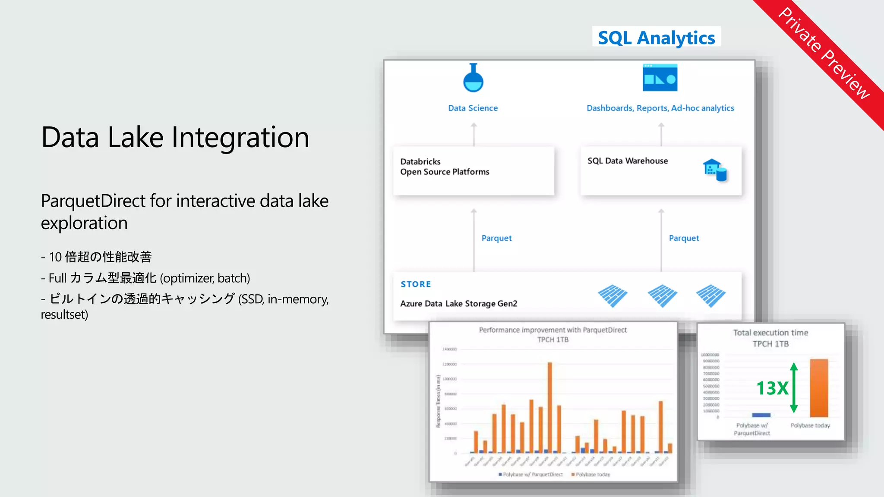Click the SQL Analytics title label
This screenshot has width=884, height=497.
(656, 38)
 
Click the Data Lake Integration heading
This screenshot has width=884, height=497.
(175, 137)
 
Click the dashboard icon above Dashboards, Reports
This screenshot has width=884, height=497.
(660, 78)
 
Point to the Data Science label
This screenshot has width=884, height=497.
(473, 108)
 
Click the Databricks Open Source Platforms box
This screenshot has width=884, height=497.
(474, 171)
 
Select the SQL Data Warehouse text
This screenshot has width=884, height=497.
(628, 161)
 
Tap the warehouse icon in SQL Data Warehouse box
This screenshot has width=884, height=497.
(715, 170)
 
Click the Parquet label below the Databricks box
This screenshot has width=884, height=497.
(496, 238)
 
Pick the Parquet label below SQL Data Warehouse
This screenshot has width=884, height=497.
(684, 238)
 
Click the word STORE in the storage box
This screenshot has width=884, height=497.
(416, 284)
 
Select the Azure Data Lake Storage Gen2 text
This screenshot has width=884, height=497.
(458, 304)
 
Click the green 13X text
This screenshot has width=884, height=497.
(772, 388)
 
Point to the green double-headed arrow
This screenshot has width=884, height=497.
(794, 387)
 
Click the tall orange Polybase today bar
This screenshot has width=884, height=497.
(819, 388)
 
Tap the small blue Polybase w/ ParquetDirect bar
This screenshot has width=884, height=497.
(761, 415)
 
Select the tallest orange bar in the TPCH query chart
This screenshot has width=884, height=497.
(550, 407)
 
